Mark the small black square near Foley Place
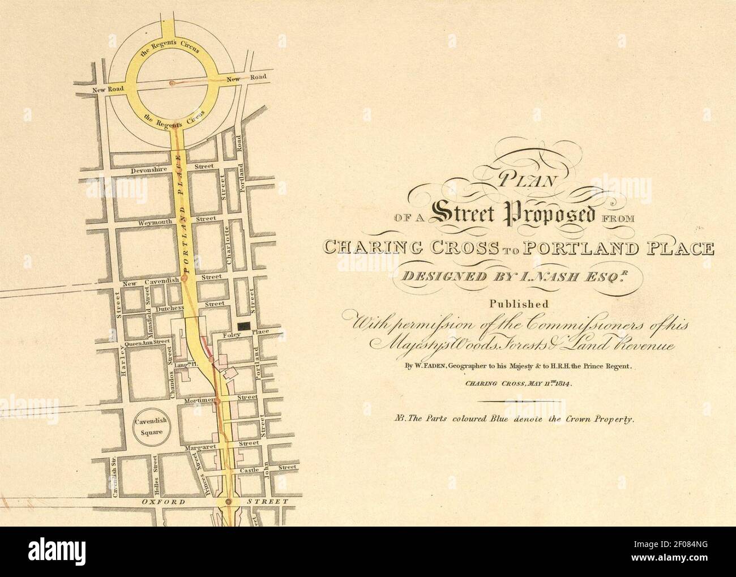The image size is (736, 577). (x=244, y=325)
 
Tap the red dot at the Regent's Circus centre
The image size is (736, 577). (x=172, y=83)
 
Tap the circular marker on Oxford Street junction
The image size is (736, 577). (x=228, y=502)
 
